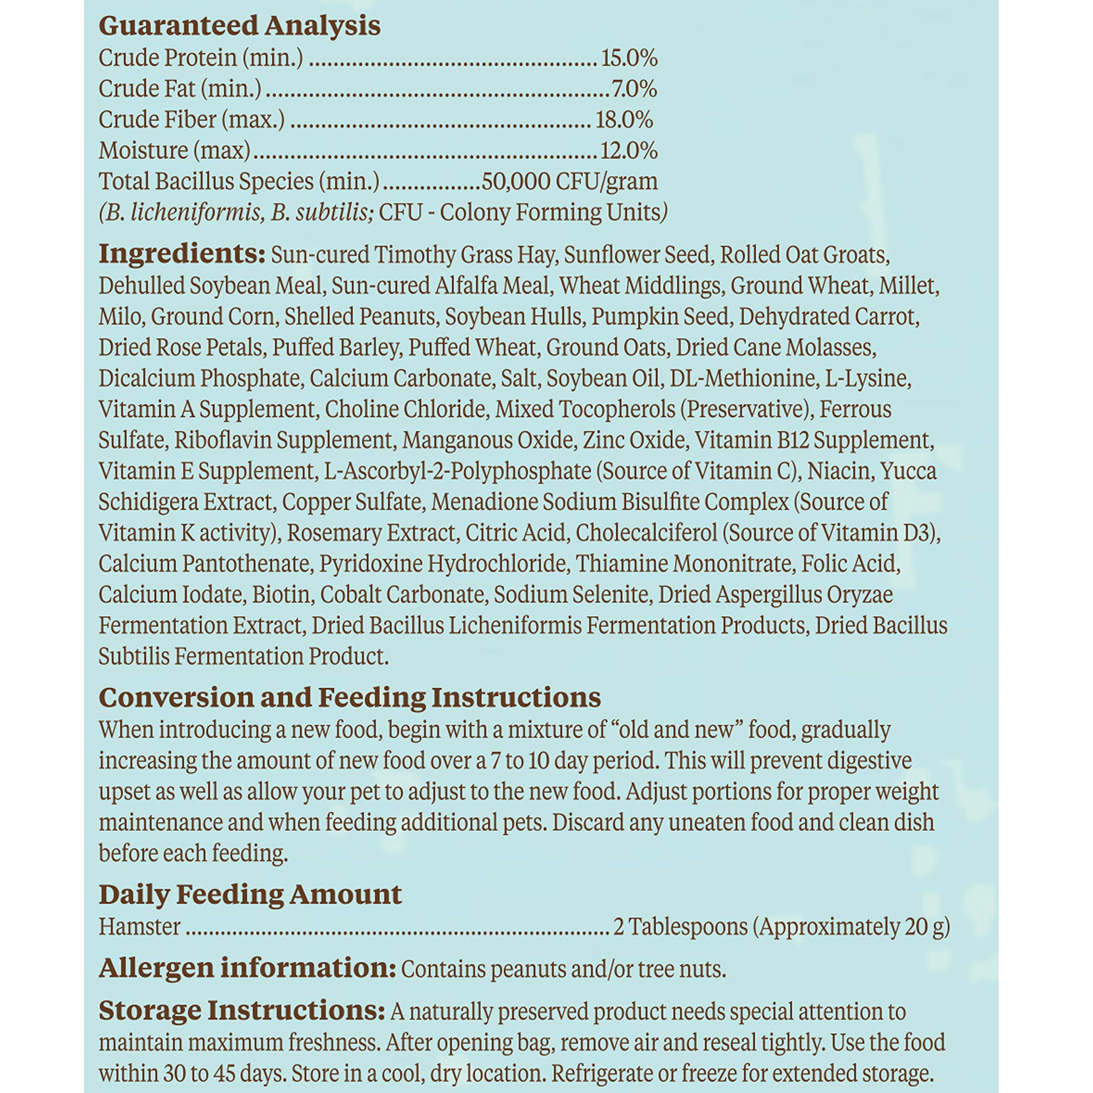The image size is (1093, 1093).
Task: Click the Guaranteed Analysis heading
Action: pos(239,26)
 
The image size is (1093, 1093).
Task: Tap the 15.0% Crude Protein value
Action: pos(628,58)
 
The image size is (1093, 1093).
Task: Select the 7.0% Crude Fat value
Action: pos(634,89)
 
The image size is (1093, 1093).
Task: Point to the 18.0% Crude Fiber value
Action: pos(624,120)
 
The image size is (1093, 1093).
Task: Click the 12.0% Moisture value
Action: pos(628,150)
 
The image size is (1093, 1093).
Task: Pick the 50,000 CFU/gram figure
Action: pos(569,181)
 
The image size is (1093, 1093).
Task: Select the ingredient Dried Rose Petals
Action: pos(181,348)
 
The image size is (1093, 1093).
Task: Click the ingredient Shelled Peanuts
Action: pos(360,316)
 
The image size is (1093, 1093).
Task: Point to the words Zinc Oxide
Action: pos(634,440)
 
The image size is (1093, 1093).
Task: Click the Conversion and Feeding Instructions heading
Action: pos(350,698)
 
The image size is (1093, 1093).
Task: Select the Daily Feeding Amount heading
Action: pos(250,894)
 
